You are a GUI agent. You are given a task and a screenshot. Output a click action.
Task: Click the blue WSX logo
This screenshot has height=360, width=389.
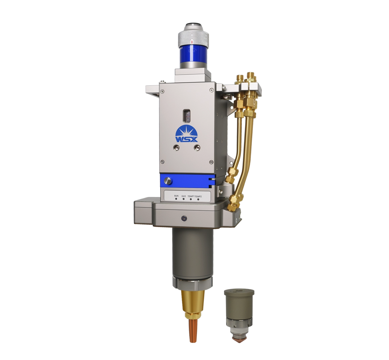tap(186, 134)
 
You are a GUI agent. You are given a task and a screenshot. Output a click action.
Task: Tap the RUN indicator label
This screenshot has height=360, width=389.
tap(176, 196)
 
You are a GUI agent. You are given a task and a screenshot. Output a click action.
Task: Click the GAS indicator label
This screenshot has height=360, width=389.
tap(183, 196)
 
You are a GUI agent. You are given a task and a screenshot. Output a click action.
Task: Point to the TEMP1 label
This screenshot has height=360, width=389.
tap(191, 196)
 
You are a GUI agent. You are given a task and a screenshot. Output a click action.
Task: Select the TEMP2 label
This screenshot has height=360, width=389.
tap(198, 196)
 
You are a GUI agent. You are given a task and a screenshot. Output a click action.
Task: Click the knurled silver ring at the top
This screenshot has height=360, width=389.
tap(193, 39)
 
